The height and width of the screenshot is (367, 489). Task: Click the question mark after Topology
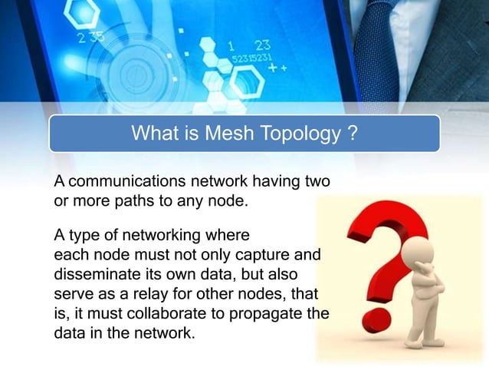[352, 134]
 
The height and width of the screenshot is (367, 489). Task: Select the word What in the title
[157, 134]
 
